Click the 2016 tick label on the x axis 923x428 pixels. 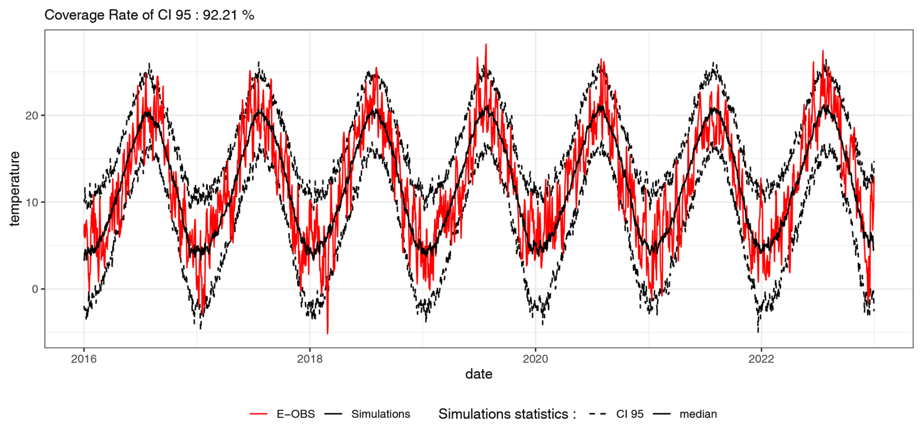pyautogui.click(x=84, y=359)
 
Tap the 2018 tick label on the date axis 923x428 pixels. pyautogui.click(x=310, y=359)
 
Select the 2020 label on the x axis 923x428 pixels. pyautogui.click(x=535, y=359)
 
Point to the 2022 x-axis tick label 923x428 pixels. pyautogui.click(x=761, y=359)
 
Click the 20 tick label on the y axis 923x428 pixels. pyautogui.click(x=32, y=116)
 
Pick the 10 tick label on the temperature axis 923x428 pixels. pyautogui.click(x=32, y=202)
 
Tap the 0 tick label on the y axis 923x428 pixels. pyautogui.click(x=35, y=289)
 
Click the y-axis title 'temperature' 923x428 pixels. pyautogui.click(x=15, y=189)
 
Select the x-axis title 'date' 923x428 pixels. pyautogui.click(x=479, y=374)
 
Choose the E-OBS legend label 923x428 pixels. pyautogui.click(x=296, y=414)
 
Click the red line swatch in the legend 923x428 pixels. pyautogui.click(x=259, y=414)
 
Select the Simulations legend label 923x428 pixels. pyautogui.click(x=381, y=414)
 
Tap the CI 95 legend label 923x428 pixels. pyautogui.click(x=630, y=414)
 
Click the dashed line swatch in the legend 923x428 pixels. pyautogui.click(x=598, y=414)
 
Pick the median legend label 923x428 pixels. pyautogui.click(x=698, y=414)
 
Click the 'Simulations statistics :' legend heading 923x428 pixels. pyautogui.click(x=507, y=414)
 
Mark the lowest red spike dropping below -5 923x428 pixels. pyautogui.click(x=327, y=333)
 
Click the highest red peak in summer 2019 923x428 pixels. pyautogui.click(x=486, y=44)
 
